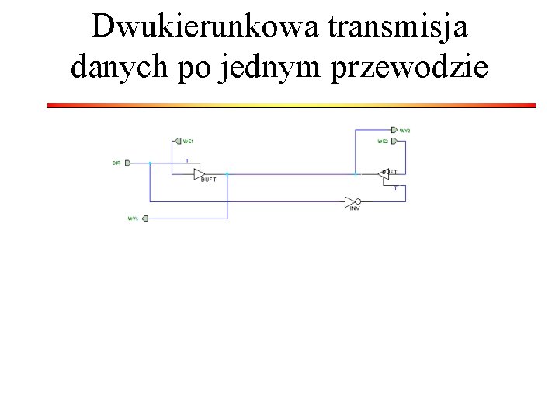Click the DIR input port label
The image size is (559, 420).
click(116, 163)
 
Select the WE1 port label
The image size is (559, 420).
click(188, 141)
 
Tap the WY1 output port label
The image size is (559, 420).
click(133, 219)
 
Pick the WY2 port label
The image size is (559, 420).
click(404, 130)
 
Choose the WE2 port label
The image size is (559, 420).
click(383, 141)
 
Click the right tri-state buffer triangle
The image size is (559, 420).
click(384, 174)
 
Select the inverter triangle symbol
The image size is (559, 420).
click(351, 201)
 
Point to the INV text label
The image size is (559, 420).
click(355, 208)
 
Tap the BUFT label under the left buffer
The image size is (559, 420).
click(208, 180)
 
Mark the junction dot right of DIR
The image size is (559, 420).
click(150, 163)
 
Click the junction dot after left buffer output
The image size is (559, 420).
click(227, 173)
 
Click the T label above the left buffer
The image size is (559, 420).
click(186, 160)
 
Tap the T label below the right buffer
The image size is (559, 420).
click(395, 187)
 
